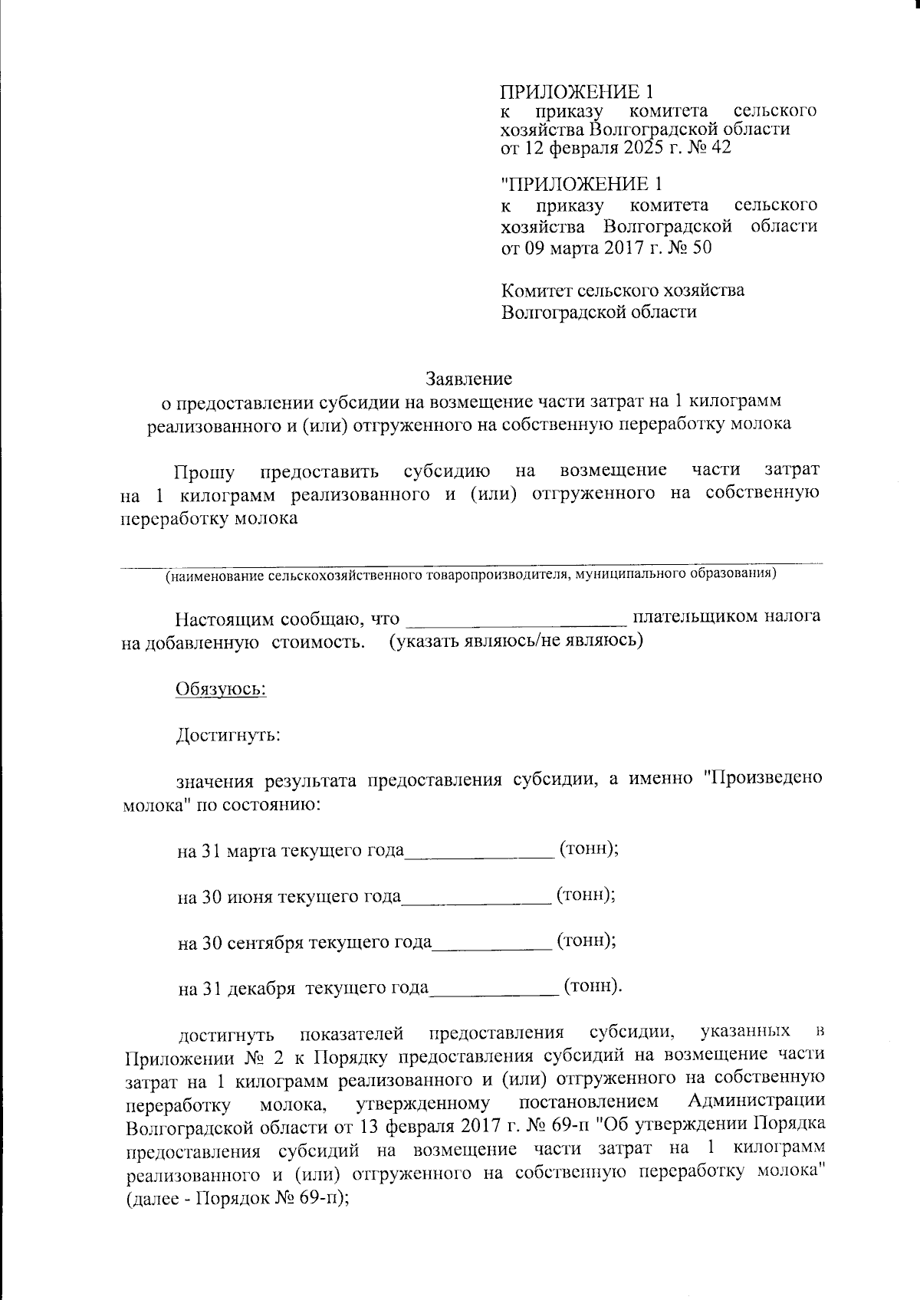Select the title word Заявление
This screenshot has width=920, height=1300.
(468, 378)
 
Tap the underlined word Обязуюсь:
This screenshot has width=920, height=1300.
(221, 688)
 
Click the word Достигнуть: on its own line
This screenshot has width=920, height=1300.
(228, 736)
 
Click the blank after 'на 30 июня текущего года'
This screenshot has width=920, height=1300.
(475, 898)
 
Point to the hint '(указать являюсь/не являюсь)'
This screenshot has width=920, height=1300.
(516, 640)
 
